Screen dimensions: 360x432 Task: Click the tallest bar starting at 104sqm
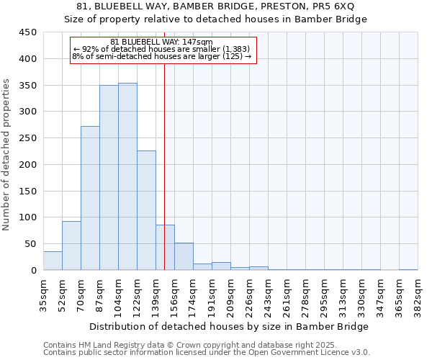click(x=127, y=176)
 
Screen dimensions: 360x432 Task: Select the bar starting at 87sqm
click(x=109, y=178)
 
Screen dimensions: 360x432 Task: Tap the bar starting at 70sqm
click(x=90, y=198)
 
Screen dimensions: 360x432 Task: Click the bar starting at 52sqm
click(x=71, y=246)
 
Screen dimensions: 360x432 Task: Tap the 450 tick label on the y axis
click(x=28, y=32)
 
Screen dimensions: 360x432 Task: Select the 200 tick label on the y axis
click(x=28, y=165)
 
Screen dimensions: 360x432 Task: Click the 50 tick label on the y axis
click(x=30, y=244)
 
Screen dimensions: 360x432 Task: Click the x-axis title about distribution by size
click(x=230, y=326)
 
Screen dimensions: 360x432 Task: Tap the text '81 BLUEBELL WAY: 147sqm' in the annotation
click(x=162, y=42)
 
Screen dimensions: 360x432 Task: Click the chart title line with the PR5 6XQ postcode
click(x=216, y=6)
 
